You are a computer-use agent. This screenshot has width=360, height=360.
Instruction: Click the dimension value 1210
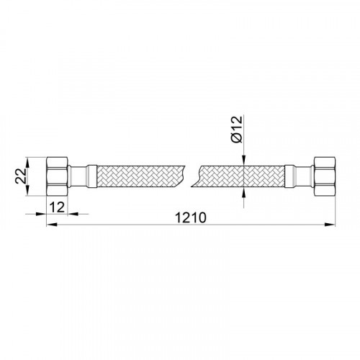(x=191, y=217)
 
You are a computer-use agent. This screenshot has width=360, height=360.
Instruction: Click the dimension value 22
(x=21, y=176)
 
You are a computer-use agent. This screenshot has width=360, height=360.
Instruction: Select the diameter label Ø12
(x=238, y=130)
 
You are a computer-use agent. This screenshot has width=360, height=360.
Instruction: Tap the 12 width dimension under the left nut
(x=57, y=207)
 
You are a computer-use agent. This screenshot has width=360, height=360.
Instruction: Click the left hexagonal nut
(x=57, y=176)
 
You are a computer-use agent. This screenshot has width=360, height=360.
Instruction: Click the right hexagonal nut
(x=325, y=176)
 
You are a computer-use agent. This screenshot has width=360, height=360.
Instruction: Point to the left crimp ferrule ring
(x=92, y=176)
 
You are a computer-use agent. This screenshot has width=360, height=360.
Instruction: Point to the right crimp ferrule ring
(x=289, y=176)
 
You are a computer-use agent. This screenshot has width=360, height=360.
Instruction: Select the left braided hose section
(x=140, y=176)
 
